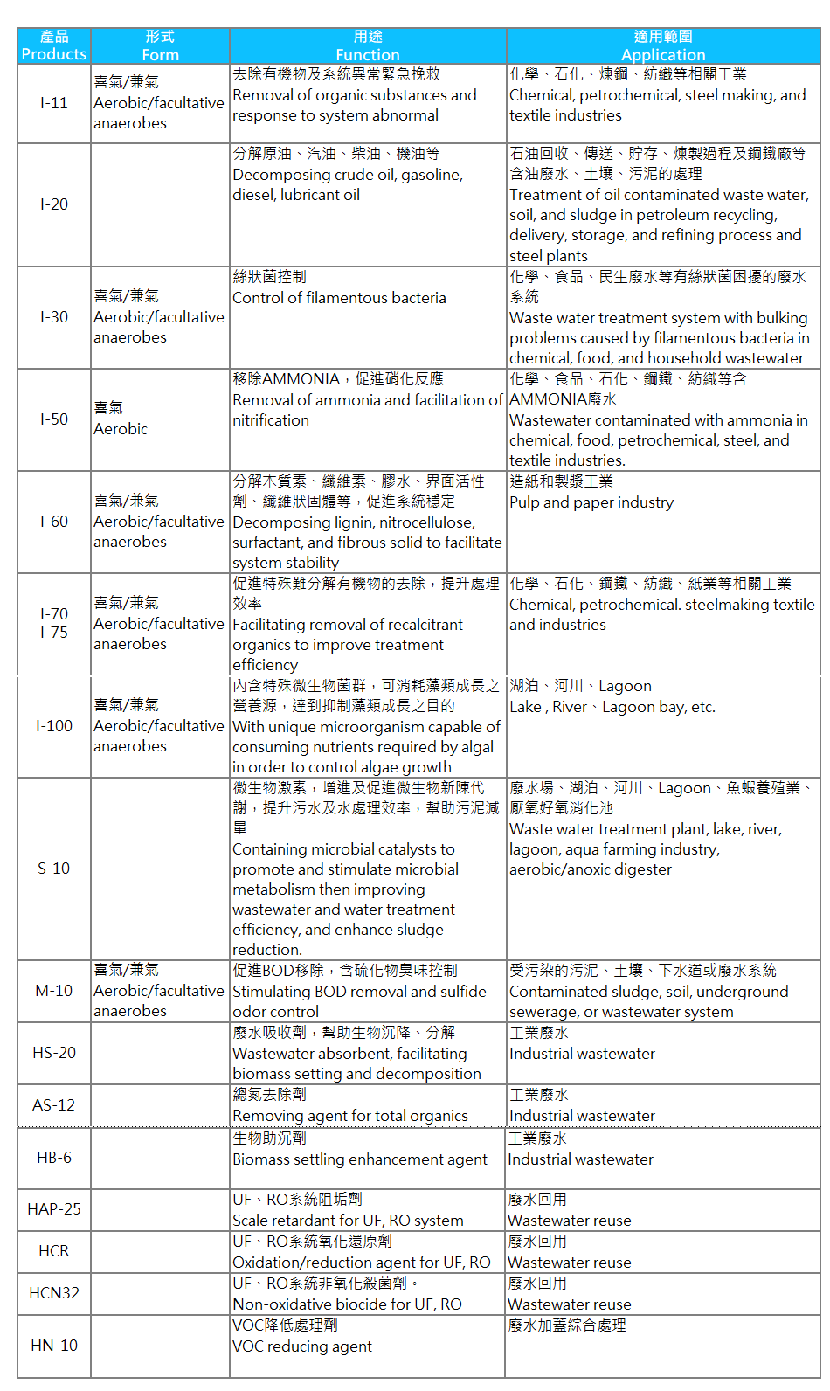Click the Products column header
(x=53, y=45)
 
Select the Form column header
(x=160, y=45)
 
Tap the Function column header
(x=368, y=45)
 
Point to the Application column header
(x=663, y=45)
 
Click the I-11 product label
(x=53, y=103)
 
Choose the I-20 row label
(x=53, y=204)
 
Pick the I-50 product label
(x=53, y=419)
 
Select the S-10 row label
(x=53, y=869)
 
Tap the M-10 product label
(x=53, y=991)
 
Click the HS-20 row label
(x=53, y=1053)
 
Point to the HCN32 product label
(x=53, y=1293)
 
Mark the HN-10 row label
(x=53, y=1346)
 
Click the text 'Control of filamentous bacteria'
(x=339, y=298)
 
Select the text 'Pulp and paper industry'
(x=591, y=502)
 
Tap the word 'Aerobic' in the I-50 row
(x=121, y=429)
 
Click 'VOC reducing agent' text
(x=302, y=1346)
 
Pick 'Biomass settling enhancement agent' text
(x=360, y=1159)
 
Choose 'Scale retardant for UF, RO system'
(x=348, y=1221)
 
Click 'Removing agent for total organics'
(x=350, y=1116)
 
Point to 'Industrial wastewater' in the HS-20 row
(x=582, y=1054)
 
